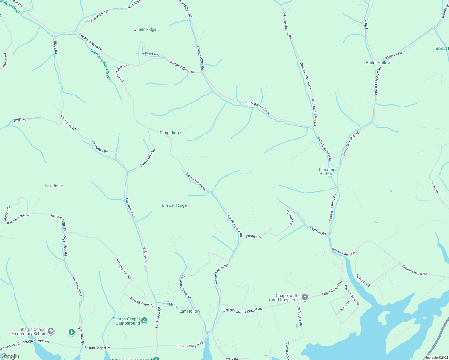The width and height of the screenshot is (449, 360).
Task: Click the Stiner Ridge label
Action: coord(145,29)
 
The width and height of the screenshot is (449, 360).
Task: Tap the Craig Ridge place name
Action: coord(170,133)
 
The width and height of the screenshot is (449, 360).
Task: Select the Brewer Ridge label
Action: coord(174,205)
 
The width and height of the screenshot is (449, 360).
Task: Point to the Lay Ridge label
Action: coord(54,186)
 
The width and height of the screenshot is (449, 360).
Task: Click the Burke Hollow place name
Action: coord(378,63)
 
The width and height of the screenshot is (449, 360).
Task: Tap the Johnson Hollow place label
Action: coord(326,172)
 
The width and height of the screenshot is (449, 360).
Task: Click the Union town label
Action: coord(228,310)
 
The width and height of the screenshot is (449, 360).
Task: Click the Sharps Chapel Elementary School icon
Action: coord(51,331)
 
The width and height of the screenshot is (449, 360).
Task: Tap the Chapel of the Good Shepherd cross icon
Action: coord(305,297)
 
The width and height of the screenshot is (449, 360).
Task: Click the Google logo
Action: coord(10,356)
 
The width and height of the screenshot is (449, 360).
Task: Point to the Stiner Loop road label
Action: coord(152,54)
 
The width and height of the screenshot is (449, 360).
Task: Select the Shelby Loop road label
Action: coord(363,280)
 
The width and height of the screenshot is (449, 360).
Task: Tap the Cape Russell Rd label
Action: coord(352,295)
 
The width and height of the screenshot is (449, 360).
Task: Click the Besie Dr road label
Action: coord(345,306)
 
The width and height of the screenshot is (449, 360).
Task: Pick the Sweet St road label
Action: coord(434,187)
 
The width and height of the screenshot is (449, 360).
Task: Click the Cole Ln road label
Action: coord(172,305)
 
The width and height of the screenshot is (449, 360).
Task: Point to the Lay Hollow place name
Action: coord(190,311)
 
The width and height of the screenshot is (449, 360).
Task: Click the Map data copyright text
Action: coord(436,358)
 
